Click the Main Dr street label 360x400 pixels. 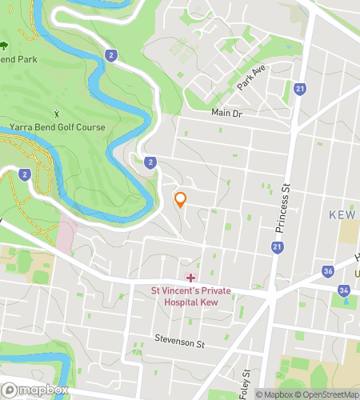(x=226, y=114)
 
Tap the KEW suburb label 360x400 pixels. (x=344, y=215)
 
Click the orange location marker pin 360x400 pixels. (x=181, y=199)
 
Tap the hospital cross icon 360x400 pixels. (x=190, y=278)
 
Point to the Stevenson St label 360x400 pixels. (x=180, y=343)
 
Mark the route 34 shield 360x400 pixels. (x=343, y=290)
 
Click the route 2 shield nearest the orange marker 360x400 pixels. (x=150, y=162)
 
